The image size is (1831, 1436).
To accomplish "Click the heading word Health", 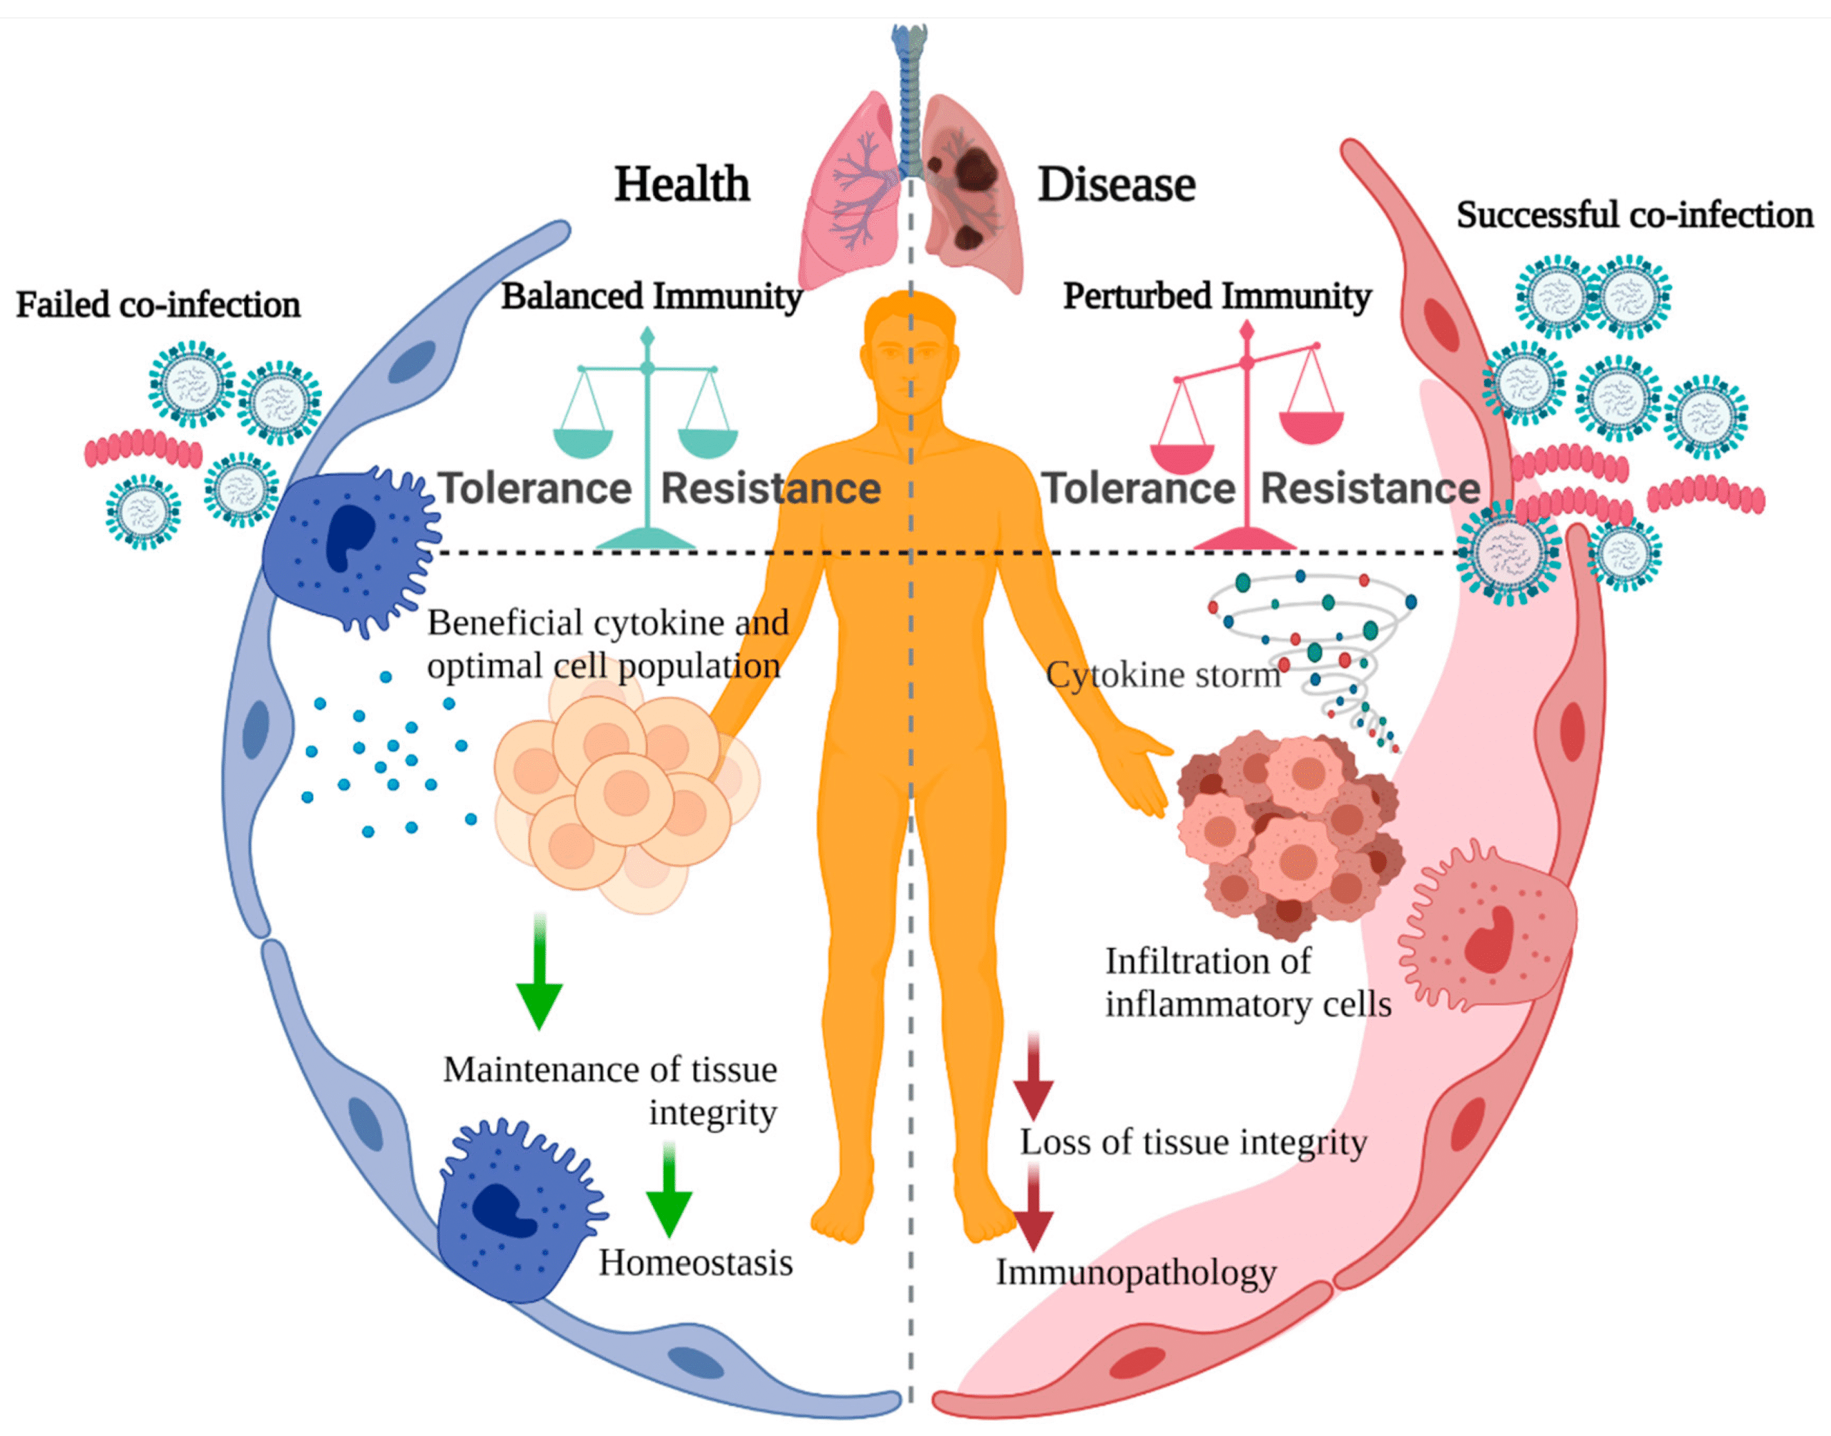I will [682, 184].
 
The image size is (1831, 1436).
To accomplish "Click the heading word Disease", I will [1116, 184].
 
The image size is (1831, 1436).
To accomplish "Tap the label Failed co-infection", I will [158, 304].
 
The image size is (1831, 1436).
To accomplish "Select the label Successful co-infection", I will [1634, 215].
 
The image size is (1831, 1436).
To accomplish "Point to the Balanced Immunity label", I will [651, 296].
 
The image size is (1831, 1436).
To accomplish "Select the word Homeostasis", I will [694, 1263].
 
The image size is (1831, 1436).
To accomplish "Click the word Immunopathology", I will [1136, 1272].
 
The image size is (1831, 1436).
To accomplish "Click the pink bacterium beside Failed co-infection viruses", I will [143, 450].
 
